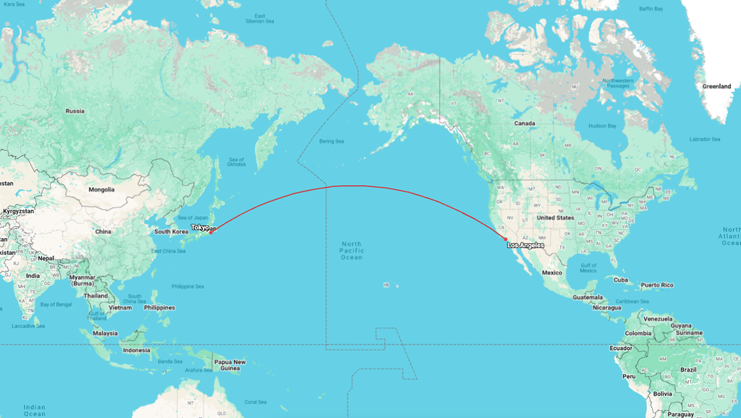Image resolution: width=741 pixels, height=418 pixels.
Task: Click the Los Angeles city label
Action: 525,246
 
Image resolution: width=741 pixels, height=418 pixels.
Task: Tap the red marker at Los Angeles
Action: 506,240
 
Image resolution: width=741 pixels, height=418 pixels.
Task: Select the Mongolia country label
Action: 101,189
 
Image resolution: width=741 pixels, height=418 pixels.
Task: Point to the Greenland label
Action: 716,87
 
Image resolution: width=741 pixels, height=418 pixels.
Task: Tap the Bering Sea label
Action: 332,141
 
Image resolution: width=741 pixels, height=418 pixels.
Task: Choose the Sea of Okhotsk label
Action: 236,161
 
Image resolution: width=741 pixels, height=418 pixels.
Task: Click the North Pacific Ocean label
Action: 351,250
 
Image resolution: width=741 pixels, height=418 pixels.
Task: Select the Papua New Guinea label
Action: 229,365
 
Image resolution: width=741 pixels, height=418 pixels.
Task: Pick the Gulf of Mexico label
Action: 588,267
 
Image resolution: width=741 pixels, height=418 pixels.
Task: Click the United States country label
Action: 555,218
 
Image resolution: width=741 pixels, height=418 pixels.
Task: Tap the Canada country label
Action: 524,124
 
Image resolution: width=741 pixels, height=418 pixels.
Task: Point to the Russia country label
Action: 75,110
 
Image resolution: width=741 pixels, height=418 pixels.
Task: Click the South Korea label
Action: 171,232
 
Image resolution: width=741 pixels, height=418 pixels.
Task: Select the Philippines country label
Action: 158,308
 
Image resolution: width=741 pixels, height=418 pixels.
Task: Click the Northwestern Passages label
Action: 617,83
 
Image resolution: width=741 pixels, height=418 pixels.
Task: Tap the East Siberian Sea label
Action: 260,19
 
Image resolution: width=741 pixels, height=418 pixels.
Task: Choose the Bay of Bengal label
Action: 56,304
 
